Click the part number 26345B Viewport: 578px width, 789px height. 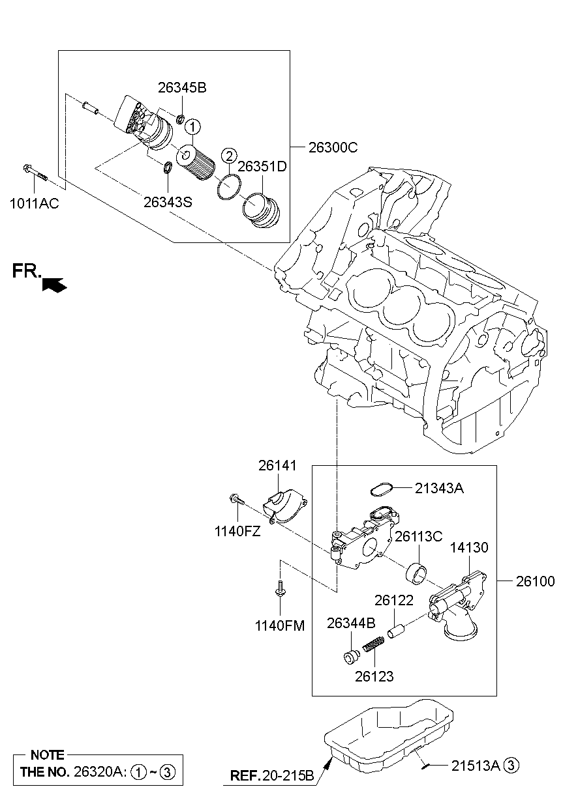[x=182, y=88]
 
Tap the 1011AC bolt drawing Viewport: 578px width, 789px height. [x=34, y=171]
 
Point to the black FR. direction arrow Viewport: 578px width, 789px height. [x=54, y=283]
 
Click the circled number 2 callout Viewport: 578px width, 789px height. [x=228, y=155]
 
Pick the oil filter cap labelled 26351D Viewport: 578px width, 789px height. [x=260, y=210]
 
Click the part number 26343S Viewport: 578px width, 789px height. [x=168, y=202]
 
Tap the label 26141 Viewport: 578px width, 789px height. [x=277, y=466]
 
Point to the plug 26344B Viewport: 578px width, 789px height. [x=352, y=655]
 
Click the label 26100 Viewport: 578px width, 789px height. [x=536, y=581]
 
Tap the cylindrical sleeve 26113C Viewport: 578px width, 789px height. [x=417, y=573]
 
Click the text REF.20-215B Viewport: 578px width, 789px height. [x=273, y=776]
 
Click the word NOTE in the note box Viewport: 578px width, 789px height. [x=48, y=755]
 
